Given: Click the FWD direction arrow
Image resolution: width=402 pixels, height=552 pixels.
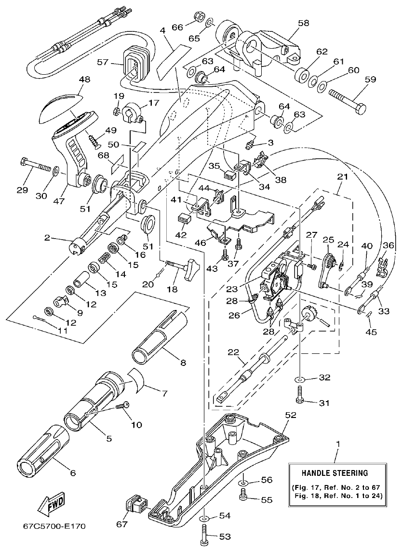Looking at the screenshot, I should point(51,504).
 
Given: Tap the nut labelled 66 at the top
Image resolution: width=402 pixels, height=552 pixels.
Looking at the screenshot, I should point(198,17).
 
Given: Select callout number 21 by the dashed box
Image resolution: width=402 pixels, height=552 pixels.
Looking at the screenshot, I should point(343,177).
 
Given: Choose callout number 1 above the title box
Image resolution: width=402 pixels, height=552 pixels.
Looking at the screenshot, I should point(337,442).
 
